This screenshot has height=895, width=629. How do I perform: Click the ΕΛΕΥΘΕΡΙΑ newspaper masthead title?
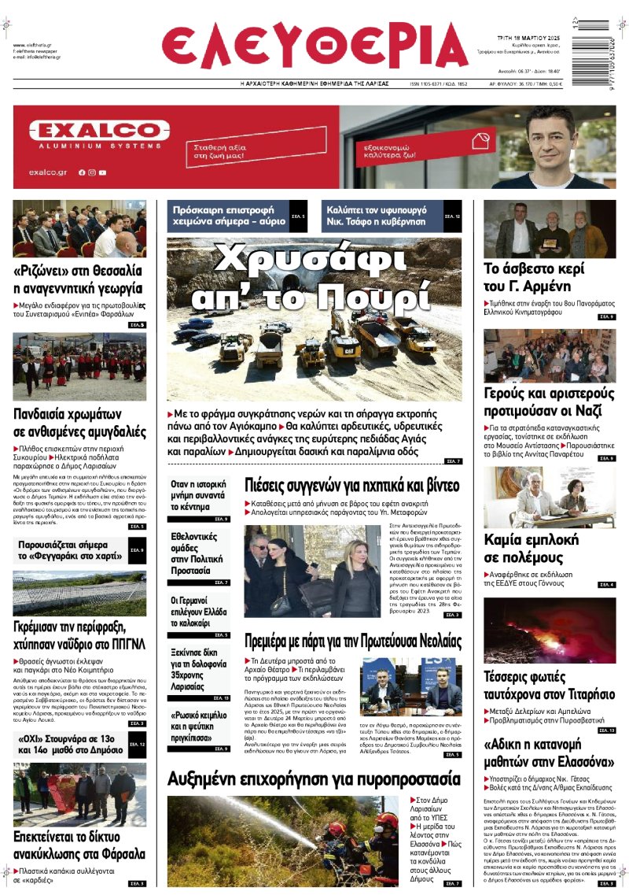314,46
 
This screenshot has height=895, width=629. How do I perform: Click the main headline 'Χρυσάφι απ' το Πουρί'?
314,278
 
